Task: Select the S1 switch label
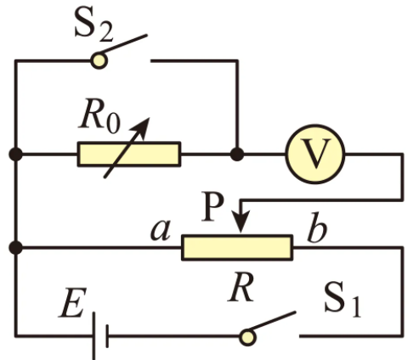coord(343,301)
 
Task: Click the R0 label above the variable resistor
coord(99,116)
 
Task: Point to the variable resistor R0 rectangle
coord(129,155)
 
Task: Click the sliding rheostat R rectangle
coord(237,247)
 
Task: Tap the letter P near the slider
coord(212,206)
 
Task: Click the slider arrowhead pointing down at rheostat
coord(241,222)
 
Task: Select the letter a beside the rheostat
coord(161,230)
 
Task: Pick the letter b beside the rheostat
coord(317,228)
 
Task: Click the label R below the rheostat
coord(241,288)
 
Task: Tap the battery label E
coord(72,303)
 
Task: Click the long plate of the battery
coord(93,335)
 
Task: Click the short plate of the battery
coord(107,336)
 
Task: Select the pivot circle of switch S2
coord(99,60)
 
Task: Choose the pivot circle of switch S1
coord(248,337)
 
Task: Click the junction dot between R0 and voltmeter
coord(237,155)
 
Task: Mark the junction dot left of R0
coord(15,155)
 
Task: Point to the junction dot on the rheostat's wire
coord(15,248)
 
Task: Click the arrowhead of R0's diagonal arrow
coord(142,127)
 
